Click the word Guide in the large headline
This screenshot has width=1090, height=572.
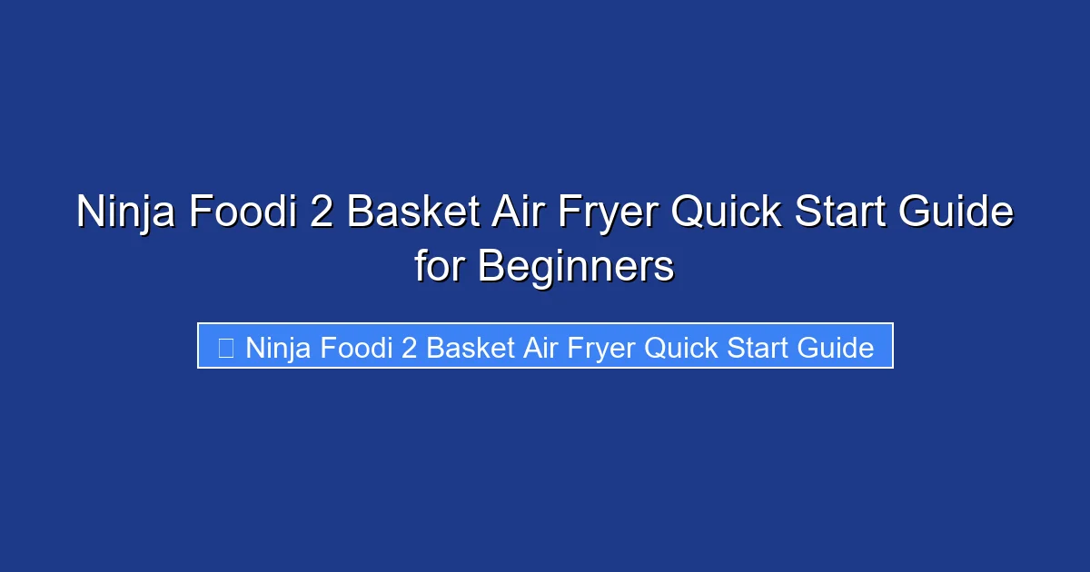962,213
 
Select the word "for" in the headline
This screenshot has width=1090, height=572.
441,267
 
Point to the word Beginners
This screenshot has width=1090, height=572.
576,267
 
